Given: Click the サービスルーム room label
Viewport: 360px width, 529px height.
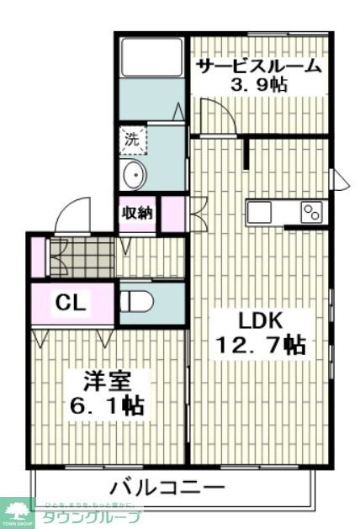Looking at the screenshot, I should (258, 66).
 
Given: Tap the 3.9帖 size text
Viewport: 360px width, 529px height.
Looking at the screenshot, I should (259, 86).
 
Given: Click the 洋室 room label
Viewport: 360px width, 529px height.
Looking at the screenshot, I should (106, 379).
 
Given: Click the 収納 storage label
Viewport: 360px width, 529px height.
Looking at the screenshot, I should (137, 212).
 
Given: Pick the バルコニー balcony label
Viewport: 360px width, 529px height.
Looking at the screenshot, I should (169, 487).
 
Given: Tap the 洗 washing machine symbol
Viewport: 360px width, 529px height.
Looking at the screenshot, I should (132, 140).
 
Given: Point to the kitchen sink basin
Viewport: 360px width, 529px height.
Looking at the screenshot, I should (259, 211).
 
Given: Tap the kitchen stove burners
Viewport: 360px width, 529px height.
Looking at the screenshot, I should (311, 211).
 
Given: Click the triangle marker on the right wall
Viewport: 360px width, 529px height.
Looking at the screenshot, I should (340, 179).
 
